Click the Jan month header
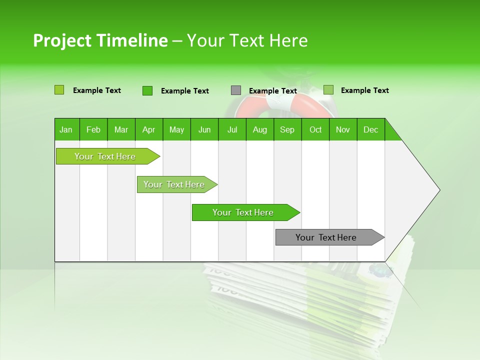[66, 129]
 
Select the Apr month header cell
[148, 129]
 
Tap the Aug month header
[259, 129]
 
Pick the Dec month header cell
[370, 129]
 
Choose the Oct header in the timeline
[315, 129]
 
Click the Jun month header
[204, 129]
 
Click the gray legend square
[236, 90]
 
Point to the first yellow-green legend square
[59, 90]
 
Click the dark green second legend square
[147, 90]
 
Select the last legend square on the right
[328, 90]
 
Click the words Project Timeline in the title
[100, 40]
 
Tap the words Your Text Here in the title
[247, 40]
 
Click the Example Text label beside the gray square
[272, 91]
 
